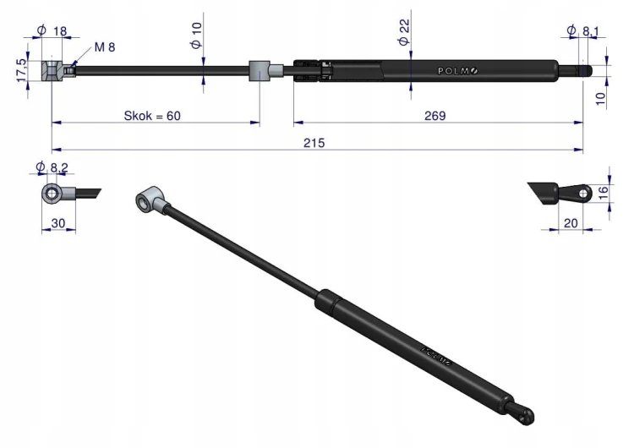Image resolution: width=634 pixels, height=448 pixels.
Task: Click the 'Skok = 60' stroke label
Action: pyautogui.click(x=152, y=116)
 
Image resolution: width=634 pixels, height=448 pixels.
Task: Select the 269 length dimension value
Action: pyautogui.click(x=435, y=116)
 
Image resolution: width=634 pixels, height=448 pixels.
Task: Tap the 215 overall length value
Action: pyautogui.click(x=314, y=143)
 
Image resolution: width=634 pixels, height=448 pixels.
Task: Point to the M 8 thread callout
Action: pyautogui.click(x=105, y=47)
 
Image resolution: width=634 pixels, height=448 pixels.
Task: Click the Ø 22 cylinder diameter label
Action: pyautogui.click(x=404, y=32)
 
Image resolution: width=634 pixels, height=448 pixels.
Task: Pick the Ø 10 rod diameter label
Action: pyautogui.click(x=196, y=36)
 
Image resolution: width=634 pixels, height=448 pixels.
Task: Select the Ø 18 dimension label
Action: pyautogui.click(x=52, y=30)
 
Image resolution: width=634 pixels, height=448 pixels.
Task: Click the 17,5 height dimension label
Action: pyautogui.click(x=22, y=70)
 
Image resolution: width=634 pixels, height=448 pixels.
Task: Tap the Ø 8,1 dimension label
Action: pyautogui.click(x=583, y=30)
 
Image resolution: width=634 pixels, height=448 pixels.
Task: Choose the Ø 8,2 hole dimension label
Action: pyautogui.click(x=52, y=167)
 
